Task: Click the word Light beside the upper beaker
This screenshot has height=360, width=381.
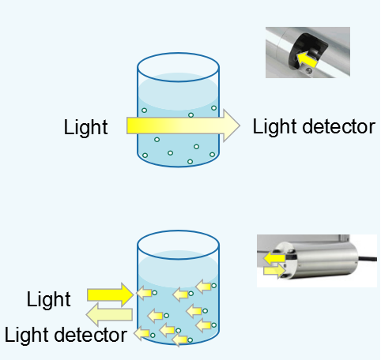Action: pos(86,127)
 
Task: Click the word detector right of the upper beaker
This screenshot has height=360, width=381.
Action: pos(339,126)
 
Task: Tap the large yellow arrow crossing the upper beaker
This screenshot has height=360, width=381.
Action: pos(183,126)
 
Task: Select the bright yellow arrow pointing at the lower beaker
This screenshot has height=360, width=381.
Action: pos(111,294)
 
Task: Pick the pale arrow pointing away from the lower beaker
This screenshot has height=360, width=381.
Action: pos(109,315)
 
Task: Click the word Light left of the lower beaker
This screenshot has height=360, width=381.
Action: pos(49,299)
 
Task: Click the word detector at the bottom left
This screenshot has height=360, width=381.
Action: pos(91,335)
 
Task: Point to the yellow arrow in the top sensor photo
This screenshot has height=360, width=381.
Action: pos(307,60)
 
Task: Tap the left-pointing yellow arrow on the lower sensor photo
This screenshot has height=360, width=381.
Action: pos(274,258)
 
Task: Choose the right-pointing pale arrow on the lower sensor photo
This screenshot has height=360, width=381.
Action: pos(275,271)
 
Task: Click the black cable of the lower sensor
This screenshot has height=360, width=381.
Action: pos(367,259)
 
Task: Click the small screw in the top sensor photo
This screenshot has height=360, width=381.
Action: pos(308,70)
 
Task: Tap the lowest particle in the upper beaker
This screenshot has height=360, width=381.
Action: pos(190,162)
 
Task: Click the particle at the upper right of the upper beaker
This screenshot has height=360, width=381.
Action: pos(214,108)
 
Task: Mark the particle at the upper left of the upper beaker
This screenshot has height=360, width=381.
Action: pos(144,111)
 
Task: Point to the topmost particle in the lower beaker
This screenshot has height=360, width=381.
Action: pos(214,286)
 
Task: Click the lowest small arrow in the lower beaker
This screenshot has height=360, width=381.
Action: pos(179,339)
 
